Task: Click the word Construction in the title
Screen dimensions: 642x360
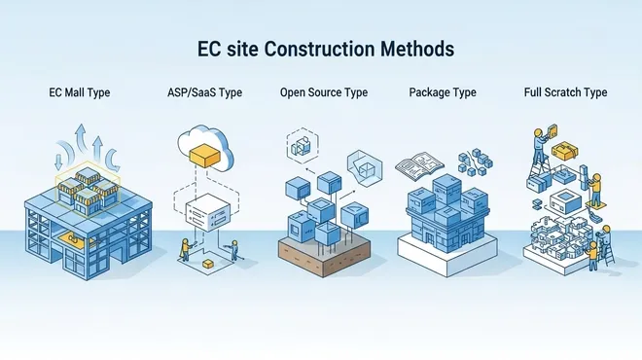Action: (x=319, y=49)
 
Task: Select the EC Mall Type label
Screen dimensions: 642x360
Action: (x=80, y=92)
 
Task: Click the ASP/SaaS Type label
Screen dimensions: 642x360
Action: (x=204, y=92)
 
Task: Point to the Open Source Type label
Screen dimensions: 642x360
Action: (x=324, y=92)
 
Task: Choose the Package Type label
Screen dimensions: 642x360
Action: (x=443, y=92)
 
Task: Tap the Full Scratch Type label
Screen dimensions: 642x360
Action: (x=565, y=92)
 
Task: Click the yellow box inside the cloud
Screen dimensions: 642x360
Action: (x=204, y=155)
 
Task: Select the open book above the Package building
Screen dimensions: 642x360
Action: (x=419, y=165)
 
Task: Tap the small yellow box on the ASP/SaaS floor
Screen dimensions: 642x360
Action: (x=208, y=264)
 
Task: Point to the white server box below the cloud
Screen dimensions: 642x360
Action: (x=208, y=212)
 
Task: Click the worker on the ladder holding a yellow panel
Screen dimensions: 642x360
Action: (x=541, y=145)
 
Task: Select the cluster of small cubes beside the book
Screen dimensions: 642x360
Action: (x=475, y=162)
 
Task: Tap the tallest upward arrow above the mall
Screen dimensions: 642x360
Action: (x=81, y=138)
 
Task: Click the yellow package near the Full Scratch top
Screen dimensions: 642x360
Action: (x=565, y=151)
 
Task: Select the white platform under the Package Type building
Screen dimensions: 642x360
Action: (x=447, y=254)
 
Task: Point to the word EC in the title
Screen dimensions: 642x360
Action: (x=209, y=49)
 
